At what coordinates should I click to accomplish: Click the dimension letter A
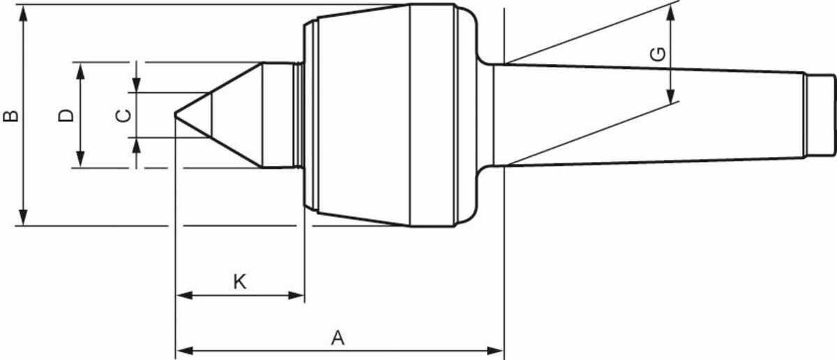pos(338,338)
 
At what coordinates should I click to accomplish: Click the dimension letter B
pos(11,116)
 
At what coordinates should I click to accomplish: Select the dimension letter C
pos(123,116)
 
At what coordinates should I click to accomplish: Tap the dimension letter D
pos(66,115)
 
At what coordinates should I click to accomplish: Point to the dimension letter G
pos(658,54)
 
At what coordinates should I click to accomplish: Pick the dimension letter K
pos(240,282)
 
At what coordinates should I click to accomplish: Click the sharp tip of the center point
pos(175,115)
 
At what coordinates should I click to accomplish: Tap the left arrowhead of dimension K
pos(184,296)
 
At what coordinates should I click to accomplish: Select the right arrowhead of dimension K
pos(296,296)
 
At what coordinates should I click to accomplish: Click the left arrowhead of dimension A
pos(184,351)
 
